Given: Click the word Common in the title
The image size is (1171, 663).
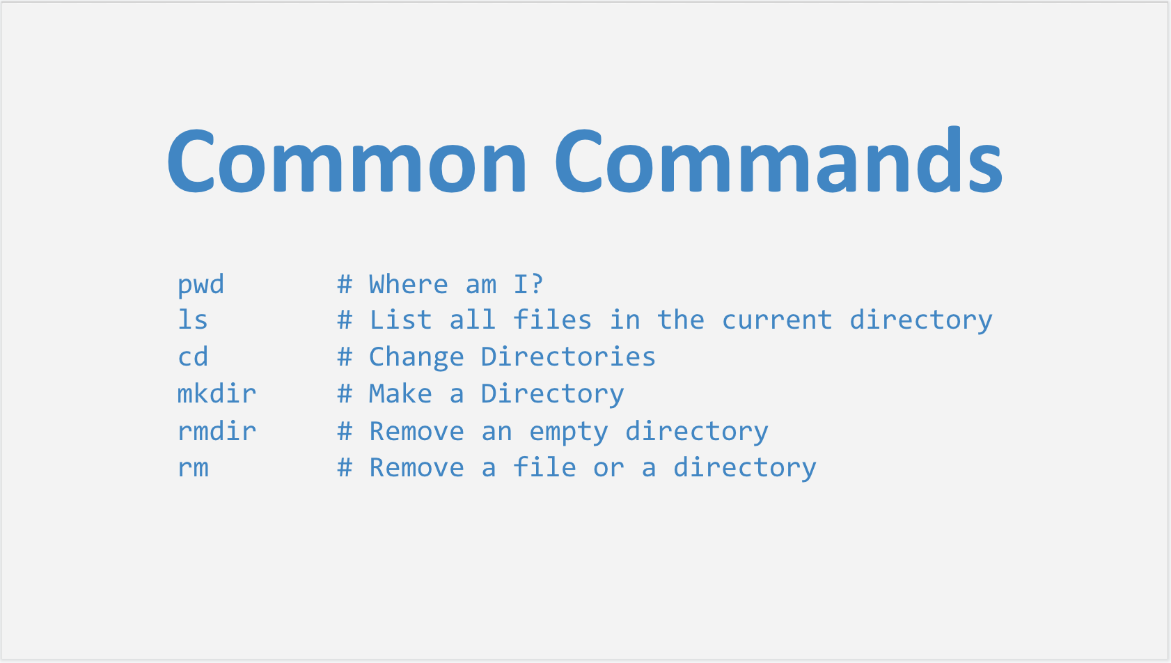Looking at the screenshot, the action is pos(347,160).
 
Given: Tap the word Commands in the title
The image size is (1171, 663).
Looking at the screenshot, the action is pos(778,159).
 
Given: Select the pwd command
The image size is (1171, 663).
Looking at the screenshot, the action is pos(201,285).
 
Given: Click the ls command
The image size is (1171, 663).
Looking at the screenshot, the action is pos(193,320).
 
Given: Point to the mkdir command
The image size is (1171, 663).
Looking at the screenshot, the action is pos(217,393).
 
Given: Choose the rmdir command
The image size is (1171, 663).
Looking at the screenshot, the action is pos(217,431).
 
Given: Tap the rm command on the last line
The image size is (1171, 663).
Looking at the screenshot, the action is pos(194,467).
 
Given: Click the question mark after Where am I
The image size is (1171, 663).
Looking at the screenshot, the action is pos(537,284).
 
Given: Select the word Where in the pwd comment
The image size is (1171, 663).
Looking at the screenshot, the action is pos(409,284).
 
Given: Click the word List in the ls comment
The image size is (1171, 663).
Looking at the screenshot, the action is pos(400,320).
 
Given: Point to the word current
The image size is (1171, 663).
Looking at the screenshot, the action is pos(777,320).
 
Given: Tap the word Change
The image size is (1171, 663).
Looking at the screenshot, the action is pos(416,357).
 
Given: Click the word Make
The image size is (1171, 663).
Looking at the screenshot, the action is pos(400,393).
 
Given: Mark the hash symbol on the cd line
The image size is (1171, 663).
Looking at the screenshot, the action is pos(345,357).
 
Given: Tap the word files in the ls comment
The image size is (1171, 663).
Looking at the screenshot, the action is pos(552,320).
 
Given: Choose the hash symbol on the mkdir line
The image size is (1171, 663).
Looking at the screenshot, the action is pos(345,393).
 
